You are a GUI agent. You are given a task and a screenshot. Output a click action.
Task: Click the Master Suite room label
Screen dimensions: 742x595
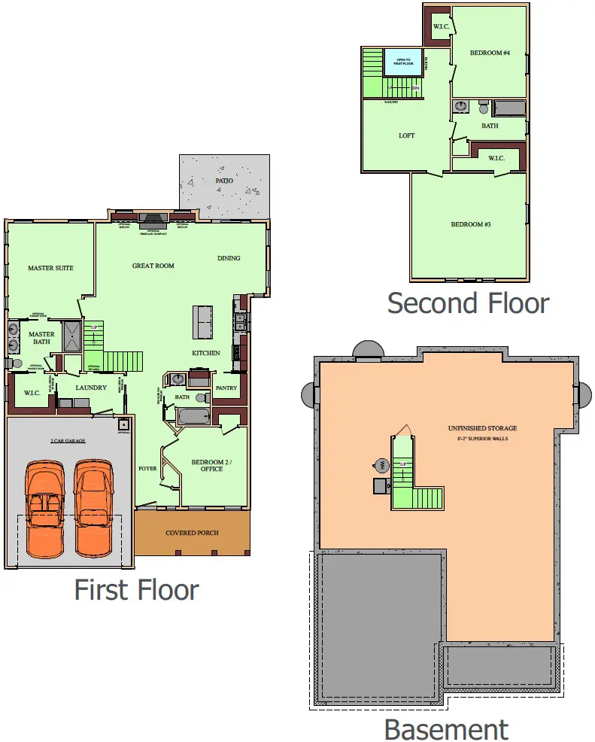50,268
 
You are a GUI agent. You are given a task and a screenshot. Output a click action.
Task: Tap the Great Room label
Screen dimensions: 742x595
153,266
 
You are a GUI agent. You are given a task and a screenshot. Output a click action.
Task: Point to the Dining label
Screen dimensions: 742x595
229,258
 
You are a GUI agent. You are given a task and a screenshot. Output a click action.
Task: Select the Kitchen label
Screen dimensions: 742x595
205,353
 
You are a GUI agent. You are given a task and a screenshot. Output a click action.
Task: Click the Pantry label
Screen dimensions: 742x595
226,388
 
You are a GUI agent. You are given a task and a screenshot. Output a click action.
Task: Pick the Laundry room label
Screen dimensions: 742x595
91,388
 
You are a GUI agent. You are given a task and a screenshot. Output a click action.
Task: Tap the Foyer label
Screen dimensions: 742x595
147,468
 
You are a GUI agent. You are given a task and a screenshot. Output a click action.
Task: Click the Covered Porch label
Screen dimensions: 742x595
192,533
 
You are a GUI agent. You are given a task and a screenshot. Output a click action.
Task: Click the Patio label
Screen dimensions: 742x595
223,181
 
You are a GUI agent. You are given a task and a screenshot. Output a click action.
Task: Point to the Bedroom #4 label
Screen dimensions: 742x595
490,53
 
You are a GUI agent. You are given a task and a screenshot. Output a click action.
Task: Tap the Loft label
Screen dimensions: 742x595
406,136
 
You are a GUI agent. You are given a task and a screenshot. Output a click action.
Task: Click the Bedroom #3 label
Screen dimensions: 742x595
471,224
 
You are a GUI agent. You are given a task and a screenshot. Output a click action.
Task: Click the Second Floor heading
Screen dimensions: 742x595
468,303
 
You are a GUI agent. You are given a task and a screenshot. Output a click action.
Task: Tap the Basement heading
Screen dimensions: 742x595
445,729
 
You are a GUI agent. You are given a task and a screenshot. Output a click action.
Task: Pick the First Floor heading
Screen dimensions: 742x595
136,590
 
